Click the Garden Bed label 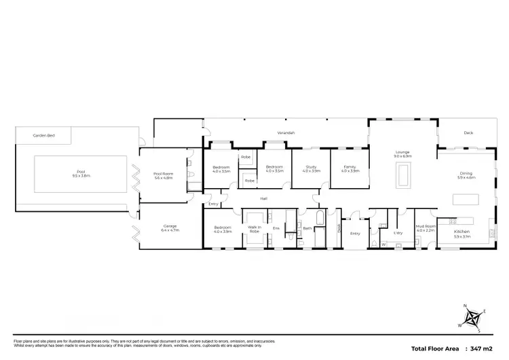[43, 136]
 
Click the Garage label [169, 227]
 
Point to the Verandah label [285, 132]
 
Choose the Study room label [311, 166]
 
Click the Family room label [350, 166]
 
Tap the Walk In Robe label [254, 230]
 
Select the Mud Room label [425, 228]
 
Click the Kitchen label [461, 232]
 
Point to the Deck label [468, 133]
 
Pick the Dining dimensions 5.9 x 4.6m [467, 177]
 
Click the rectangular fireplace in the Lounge [403, 177]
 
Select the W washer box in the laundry [383, 244]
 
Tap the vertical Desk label [339, 228]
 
